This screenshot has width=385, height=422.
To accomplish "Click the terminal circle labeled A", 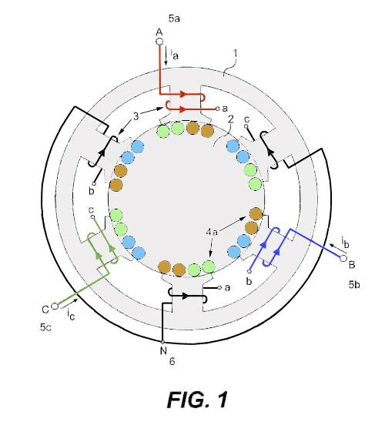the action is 159,42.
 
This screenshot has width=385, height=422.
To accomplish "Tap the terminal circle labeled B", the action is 343,258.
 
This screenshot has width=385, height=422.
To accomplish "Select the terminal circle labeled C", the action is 55,306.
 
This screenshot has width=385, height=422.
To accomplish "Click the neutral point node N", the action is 162,342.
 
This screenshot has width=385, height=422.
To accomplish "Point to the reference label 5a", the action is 174,18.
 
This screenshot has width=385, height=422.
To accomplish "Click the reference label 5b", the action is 354,284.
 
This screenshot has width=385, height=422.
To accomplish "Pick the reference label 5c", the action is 45,327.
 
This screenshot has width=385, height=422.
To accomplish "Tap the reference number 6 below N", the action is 172,361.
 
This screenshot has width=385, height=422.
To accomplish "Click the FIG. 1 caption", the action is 197,400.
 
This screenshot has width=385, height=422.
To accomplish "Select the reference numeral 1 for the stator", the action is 236,53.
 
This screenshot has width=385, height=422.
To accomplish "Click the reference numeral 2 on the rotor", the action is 230,119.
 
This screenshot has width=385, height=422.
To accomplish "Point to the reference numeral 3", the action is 136,116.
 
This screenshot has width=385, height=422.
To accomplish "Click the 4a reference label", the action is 212,232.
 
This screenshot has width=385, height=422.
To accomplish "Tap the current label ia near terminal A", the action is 174,54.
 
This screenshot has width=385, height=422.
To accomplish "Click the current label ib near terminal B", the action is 345,242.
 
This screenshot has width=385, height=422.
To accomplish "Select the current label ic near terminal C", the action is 71,314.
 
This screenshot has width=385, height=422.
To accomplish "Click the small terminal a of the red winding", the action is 218,109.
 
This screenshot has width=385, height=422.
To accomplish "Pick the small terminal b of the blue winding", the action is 249,271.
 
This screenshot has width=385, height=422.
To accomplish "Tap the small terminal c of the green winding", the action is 92,216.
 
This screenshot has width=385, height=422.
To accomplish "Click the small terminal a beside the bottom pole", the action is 219,288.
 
